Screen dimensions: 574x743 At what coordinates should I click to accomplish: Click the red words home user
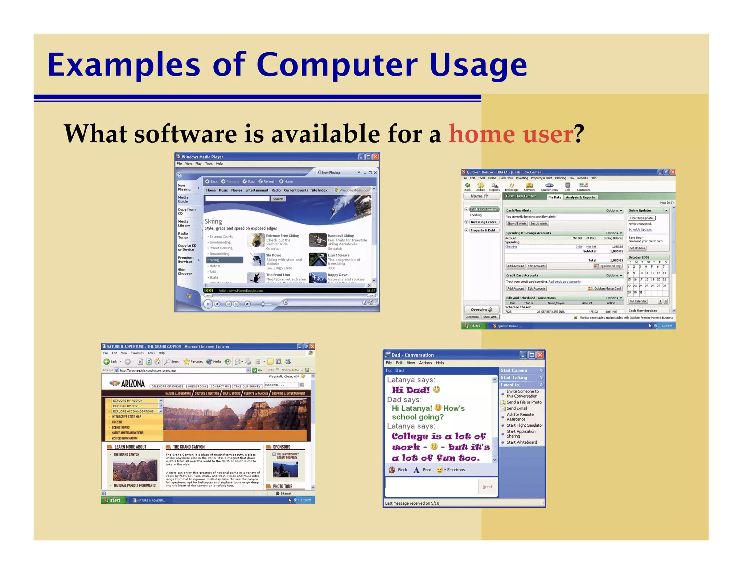point(511,134)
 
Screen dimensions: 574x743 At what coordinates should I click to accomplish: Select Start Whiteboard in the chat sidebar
point(522,442)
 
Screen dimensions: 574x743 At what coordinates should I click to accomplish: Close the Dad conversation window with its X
point(540,354)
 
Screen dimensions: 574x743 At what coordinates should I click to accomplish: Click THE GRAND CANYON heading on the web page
point(189,447)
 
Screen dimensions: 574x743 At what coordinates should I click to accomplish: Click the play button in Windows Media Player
point(208,304)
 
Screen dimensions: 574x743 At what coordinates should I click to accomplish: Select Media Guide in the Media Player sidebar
point(183,200)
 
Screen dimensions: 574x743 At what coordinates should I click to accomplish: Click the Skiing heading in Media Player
point(213,221)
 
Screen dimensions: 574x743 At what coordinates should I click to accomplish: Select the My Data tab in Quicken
point(554,197)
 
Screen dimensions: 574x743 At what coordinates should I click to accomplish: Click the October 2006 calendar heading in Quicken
point(639,257)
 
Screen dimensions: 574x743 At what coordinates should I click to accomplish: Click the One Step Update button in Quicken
point(641,218)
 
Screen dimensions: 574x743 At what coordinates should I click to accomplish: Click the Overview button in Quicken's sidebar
point(481,310)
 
